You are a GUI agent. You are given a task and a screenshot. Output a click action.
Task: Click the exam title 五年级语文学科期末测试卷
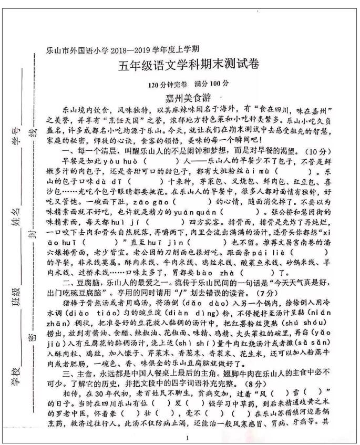(189, 66)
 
